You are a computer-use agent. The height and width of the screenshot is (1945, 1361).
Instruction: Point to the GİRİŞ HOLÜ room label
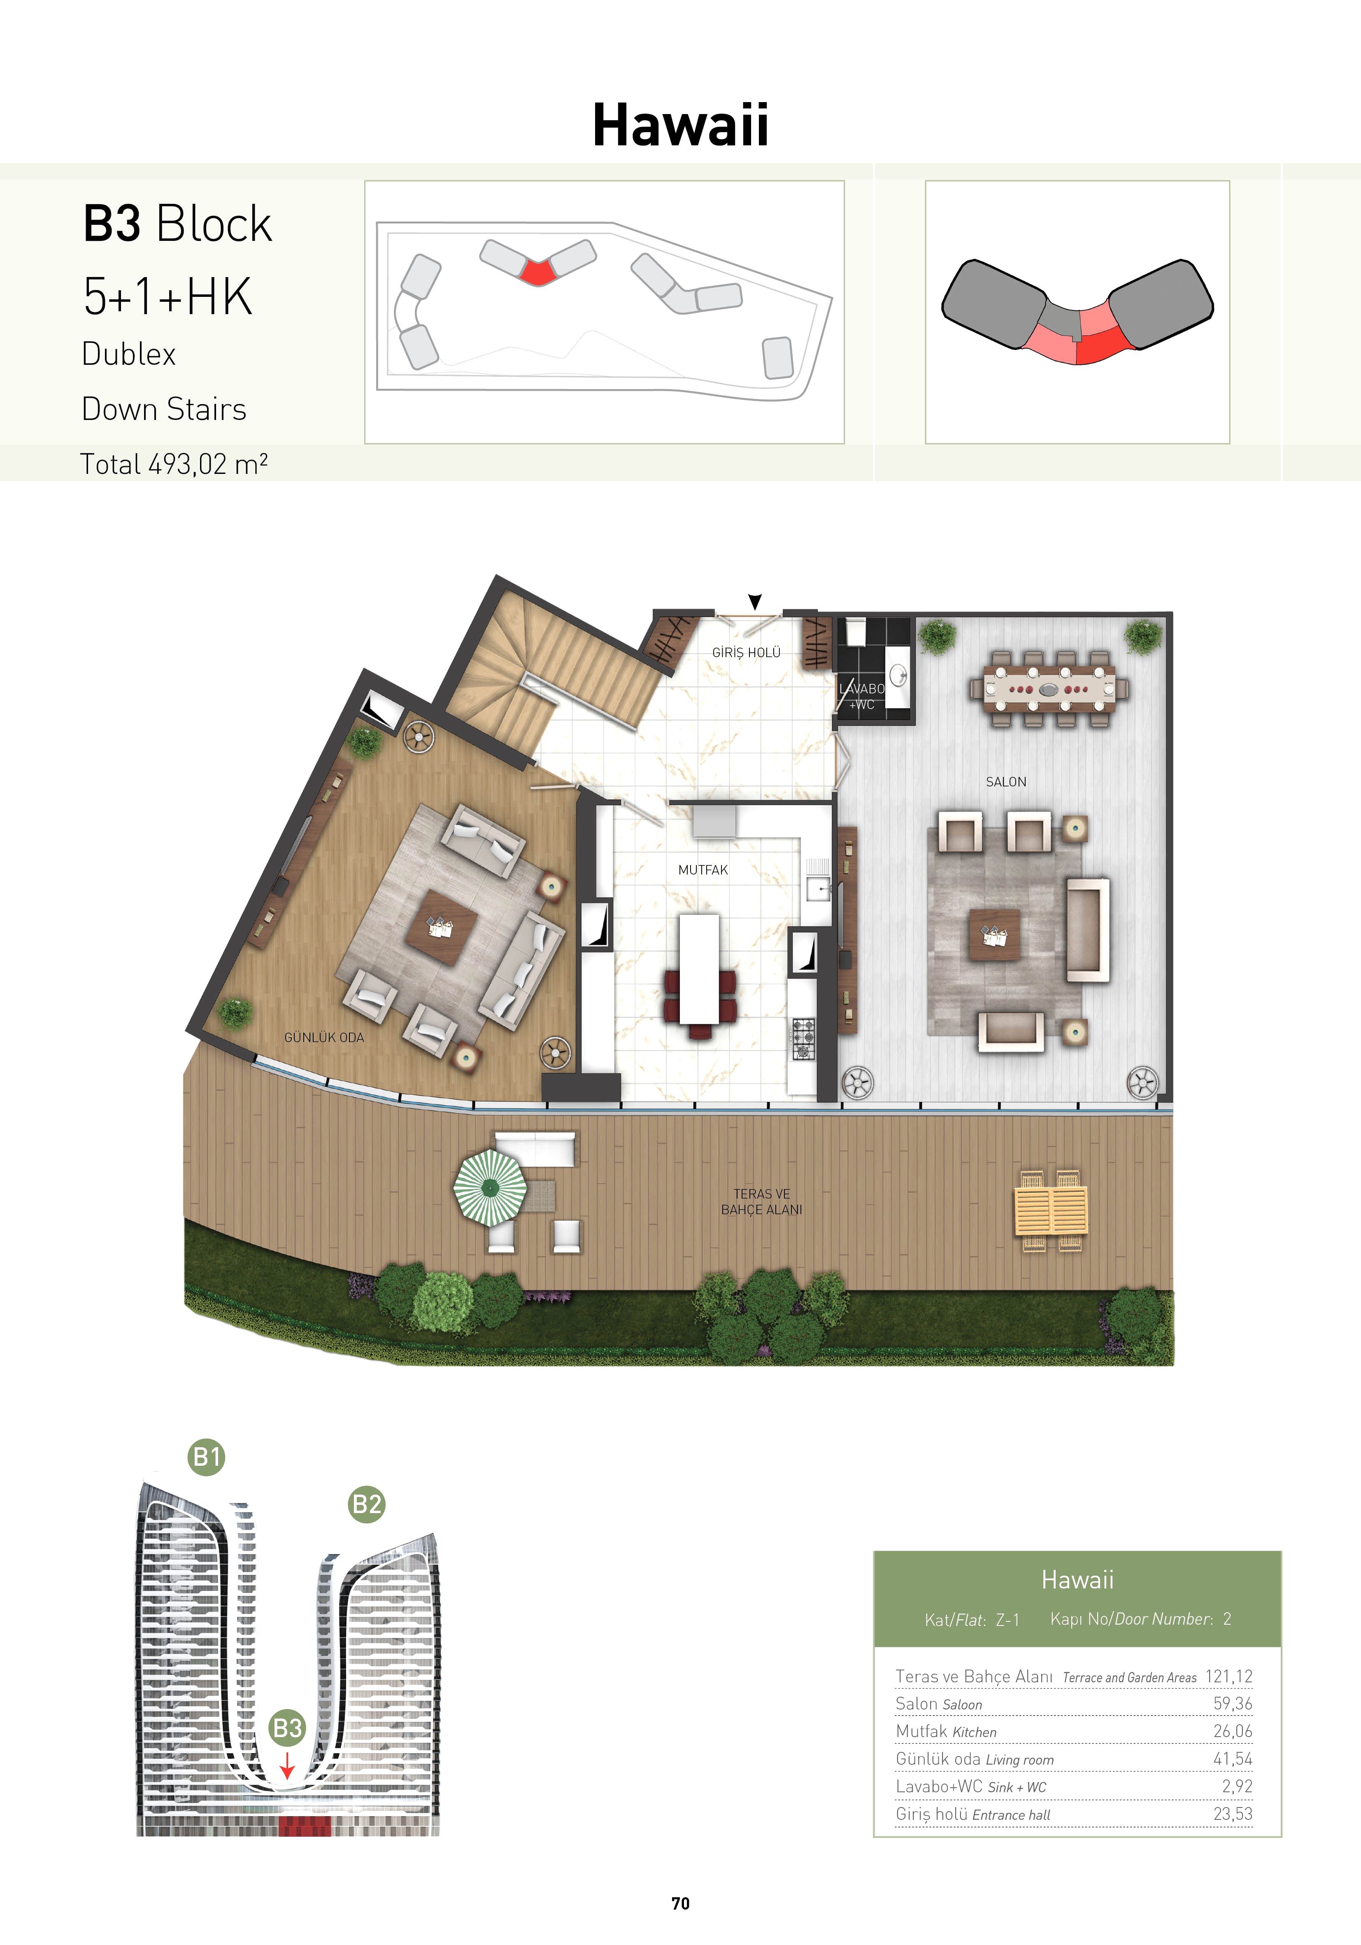[x=746, y=652]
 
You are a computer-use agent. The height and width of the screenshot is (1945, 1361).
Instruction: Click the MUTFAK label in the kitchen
[x=703, y=870]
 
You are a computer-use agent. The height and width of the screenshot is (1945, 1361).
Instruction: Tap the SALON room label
[x=1006, y=782]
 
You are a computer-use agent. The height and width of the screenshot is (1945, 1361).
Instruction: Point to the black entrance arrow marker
[x=755, y=602]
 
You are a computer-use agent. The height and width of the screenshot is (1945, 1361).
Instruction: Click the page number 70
[x=680, y=1903]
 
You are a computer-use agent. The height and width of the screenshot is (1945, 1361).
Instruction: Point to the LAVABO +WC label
[x=861, y=696]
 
